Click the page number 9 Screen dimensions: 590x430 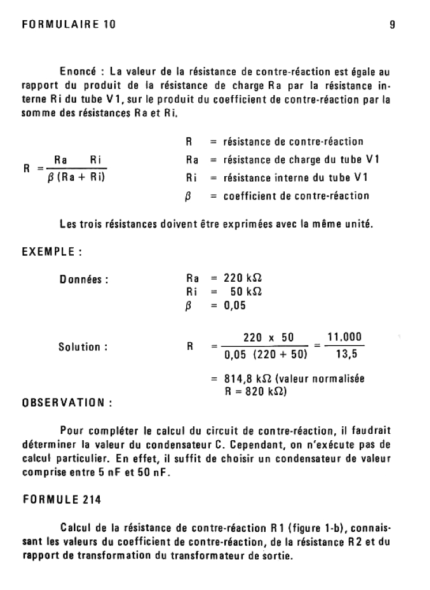click(392, 25)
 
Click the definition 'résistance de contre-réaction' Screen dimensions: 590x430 click(293, 142)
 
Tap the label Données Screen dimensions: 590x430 click(84, 280)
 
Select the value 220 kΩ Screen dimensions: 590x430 click(243, 278)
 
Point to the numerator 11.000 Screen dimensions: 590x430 click(345, 337)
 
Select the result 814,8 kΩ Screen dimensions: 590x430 click(250, 379)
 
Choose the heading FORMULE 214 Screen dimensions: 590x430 click(62, 500)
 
